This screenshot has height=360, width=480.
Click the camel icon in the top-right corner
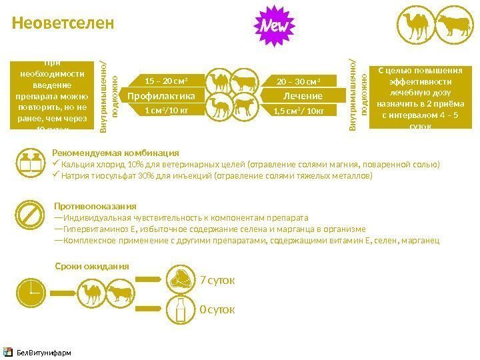click(x=415, y=25)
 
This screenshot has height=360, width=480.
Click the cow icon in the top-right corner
click(x=453, y=25)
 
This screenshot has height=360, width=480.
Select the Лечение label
click(x=297, y=96)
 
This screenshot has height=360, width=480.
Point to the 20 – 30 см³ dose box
click(x=297, y=82)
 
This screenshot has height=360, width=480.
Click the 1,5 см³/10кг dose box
click(x=297, y=111)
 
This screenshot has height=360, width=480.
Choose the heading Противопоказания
click(x=95, y=206)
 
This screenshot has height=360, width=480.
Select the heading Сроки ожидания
click(x=91, y=265)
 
